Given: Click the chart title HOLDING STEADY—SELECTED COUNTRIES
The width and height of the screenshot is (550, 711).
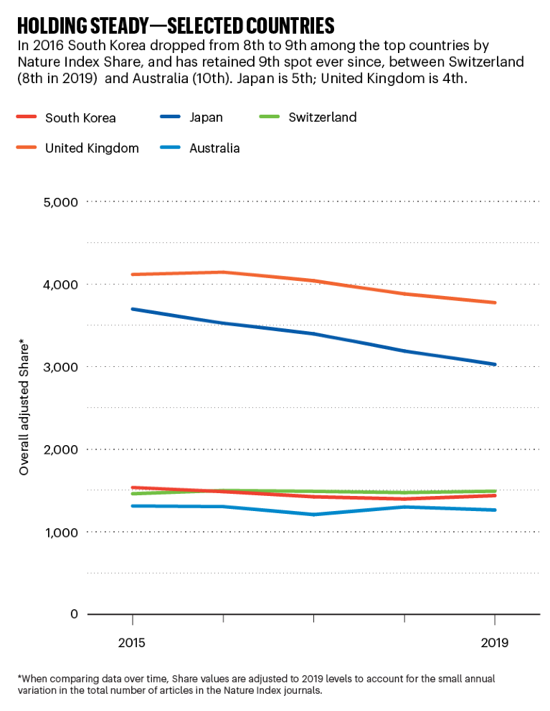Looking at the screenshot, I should [x=176, y=27].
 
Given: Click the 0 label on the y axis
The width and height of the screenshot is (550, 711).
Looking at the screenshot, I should [x=72, y=614].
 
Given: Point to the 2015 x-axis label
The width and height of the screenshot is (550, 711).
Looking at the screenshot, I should [x=132, y=643].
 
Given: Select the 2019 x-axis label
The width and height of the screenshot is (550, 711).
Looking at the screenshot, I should [x=494, y=643].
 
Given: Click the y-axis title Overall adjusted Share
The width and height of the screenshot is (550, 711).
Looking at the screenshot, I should [x=24, y=409].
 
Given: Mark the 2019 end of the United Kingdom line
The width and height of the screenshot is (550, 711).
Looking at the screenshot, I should [x=495, y=302].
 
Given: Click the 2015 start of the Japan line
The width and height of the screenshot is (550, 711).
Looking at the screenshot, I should [x=132, y=309].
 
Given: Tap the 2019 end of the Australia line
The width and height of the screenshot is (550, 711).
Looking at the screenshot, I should [x=495, y=510].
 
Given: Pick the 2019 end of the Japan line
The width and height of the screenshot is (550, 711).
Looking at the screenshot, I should [x=495, y=364].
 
